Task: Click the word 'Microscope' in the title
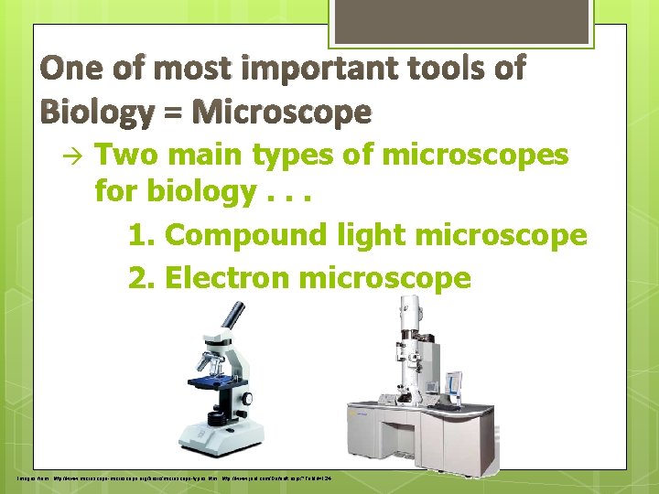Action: pos(284,113)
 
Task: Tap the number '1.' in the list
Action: pos(143,235)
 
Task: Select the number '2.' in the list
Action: pos(143,277)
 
